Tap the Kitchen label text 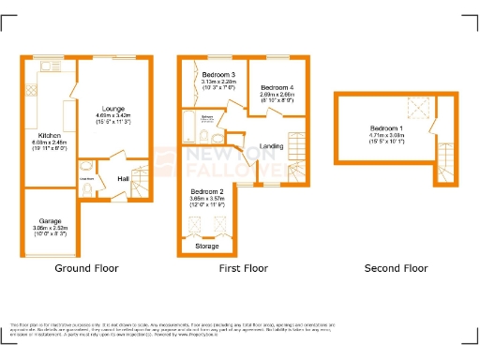[x=50, y=135]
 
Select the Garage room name [x=49, y=221]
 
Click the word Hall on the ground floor [x=123, y=178]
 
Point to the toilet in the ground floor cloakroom [x=86, y=188]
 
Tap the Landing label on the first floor [x=271, y=145]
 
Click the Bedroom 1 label [x=385, y=128]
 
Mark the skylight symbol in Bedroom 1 [x=418, y=110]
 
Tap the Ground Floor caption [x=87, y=268]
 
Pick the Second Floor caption [x=396, y=268]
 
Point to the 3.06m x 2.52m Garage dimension [x=49, y=228]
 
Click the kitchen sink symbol [x=30, y=91]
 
